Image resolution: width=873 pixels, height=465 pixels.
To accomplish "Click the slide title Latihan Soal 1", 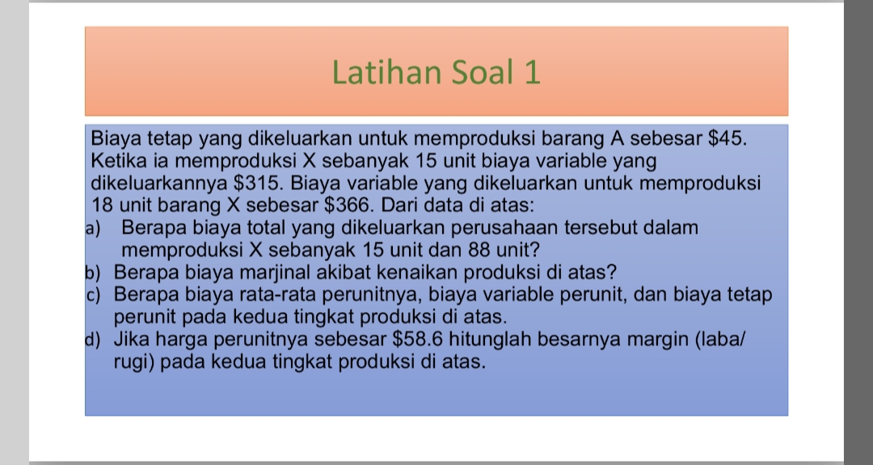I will [436, 73].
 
